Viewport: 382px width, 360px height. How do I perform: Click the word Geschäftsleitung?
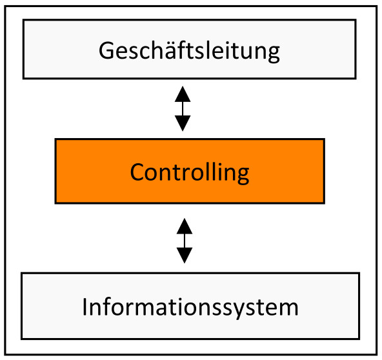point(189,50)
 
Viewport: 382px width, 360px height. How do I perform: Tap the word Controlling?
point(189,172)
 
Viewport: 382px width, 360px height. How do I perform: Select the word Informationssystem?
point(190,307)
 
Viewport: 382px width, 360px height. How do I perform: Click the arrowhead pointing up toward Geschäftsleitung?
point(183,93)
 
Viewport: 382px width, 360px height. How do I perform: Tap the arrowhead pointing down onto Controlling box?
point(183,123)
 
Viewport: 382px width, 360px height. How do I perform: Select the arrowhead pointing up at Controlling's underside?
point(185,226)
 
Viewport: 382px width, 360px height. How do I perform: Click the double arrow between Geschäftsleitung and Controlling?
point(183,108)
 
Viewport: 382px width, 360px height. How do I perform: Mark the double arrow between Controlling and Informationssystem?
point(185,241)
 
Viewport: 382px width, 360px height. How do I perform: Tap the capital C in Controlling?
point(137,172)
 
